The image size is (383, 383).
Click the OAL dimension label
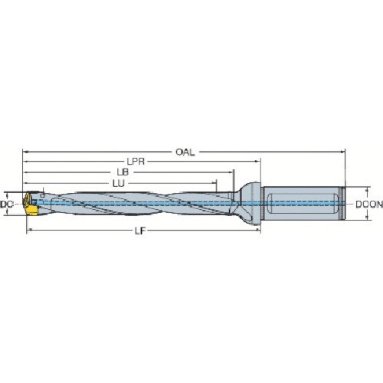click(x=185, y=152)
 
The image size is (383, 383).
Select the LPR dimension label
click(x=136, y=162)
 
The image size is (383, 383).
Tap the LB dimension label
click(x=123, y=172)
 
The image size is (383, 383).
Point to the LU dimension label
click(x=119, y=183)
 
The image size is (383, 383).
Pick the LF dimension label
click(x=140, y=231)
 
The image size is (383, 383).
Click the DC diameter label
click(x=6, y=205)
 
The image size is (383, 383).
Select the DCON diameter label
click(x=369, y=205)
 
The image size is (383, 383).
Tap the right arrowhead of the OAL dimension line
click(x=342, y=152)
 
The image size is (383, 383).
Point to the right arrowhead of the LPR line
click(x=258, y=162)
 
